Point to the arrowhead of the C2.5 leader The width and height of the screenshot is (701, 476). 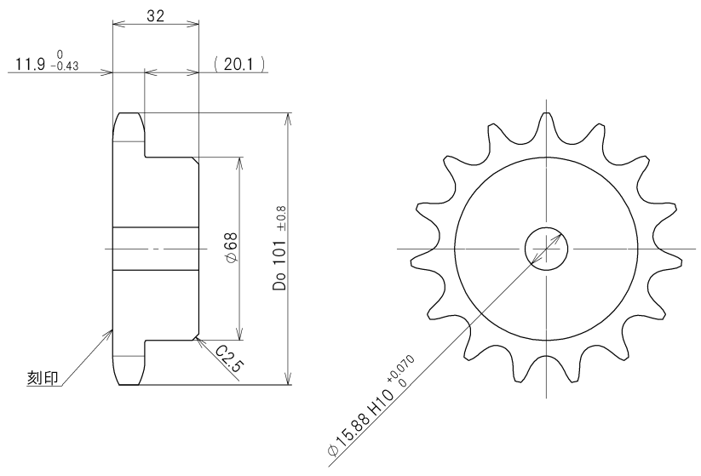click(197, 338)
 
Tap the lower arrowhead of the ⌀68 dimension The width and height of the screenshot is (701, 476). click(241, 335)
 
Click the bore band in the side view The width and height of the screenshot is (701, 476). click(155, 249)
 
